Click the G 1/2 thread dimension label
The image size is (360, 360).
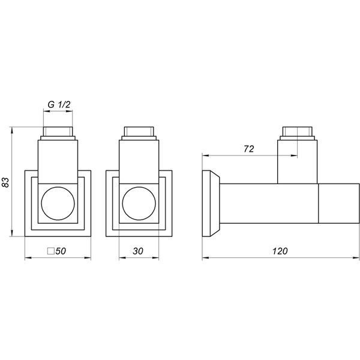59,104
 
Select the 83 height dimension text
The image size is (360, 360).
6,182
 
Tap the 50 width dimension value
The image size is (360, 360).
61,251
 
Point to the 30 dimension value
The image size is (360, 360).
138,251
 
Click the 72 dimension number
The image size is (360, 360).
249,149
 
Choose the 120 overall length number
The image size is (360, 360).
280,251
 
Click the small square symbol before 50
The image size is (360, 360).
51,251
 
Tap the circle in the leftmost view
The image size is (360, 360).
58,203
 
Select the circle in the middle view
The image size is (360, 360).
139,203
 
